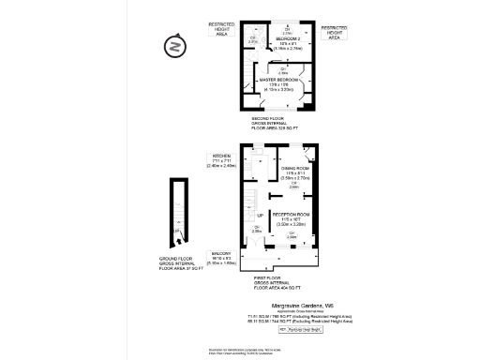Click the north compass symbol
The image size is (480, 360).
click(172, 44)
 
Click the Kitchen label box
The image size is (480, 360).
click(222, 160)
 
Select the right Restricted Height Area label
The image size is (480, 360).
click(335, 33)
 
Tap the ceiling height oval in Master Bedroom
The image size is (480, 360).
click(282, 70)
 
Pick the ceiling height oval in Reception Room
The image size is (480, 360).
click(292, 235)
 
